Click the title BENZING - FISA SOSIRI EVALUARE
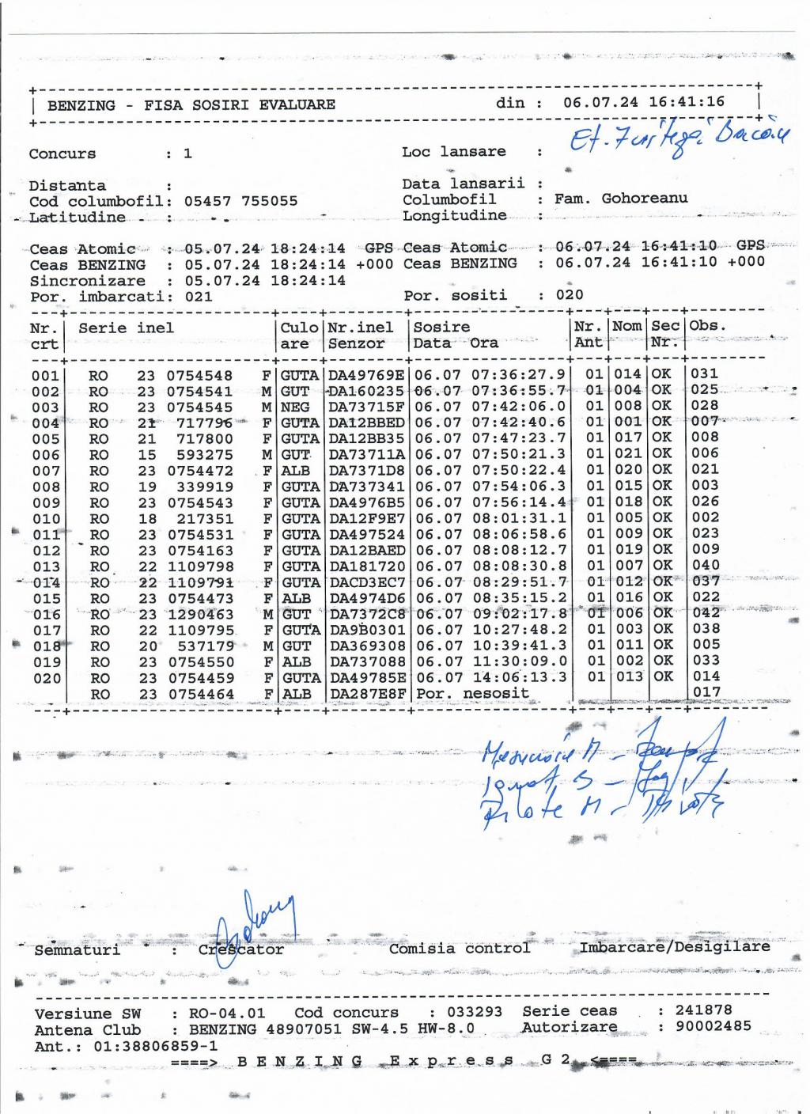click(x=191, y=105)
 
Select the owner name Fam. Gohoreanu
click(x=621, y=199)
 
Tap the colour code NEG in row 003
click(x=295, y=407)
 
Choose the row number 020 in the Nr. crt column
click(x=46, y=678)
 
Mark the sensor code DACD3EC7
click(x=367, y=582)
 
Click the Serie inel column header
click(x=126, y=328)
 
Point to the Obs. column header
click(x=707, y=326)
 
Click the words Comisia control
click(x=459, y=948)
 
